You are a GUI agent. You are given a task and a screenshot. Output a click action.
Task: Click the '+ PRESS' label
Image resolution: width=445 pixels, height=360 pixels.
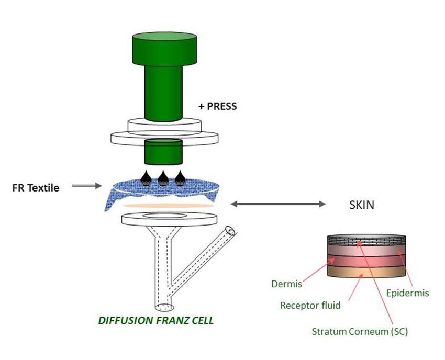click(x=218, y=106)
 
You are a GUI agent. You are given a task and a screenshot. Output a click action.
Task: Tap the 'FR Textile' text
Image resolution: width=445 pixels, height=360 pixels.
click(x=36, y=188)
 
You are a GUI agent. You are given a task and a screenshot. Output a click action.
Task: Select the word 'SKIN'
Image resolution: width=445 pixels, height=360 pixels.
click(x=362, y=205)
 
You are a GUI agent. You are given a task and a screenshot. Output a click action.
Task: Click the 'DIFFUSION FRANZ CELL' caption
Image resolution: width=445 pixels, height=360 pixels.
click(x=156, y=321)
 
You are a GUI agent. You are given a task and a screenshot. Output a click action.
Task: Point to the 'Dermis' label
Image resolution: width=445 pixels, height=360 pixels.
click(x=286, y=284)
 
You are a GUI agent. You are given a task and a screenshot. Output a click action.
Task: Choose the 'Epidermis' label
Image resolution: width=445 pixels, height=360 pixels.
click(x=407, y=293)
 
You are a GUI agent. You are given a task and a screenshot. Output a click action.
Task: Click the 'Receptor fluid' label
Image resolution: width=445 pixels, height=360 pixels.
click(x=310, y=305)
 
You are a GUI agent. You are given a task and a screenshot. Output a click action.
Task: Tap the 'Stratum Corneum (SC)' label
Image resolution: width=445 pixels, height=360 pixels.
click(x=360, y=331)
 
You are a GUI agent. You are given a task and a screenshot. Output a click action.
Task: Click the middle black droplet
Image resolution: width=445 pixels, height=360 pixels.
click(x=163, y=179)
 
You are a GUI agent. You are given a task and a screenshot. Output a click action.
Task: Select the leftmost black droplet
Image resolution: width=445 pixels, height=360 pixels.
click(x=146, y=179)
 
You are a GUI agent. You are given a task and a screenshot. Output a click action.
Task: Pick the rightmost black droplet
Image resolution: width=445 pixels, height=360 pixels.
click(x=180, y=179)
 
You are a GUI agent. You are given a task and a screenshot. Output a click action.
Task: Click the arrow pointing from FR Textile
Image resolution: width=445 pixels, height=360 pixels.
click(x=86, y=186)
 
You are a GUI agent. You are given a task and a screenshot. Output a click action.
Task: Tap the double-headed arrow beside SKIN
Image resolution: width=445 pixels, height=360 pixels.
click(x=278, y=204)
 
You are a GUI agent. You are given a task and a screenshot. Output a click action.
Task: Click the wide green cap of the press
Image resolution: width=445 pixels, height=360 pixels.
click(x=164, y=49)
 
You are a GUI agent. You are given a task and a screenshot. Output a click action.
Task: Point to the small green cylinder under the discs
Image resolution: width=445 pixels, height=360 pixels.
click(x=163, y=152)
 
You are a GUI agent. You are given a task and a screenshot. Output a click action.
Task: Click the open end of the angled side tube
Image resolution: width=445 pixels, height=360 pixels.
click(x=230, y=231)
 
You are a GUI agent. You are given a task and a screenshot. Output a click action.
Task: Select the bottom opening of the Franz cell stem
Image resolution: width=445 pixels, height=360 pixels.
click(x=164, y=307)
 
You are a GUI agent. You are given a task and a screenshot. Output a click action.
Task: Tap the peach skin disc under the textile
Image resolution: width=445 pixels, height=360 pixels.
click(x=169, y=206)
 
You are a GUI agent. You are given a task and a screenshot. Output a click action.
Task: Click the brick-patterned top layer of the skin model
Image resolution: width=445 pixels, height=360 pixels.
click(x=366, y=241)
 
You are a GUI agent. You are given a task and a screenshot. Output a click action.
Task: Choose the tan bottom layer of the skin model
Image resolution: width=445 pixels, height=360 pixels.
click(x=366, y=272)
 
